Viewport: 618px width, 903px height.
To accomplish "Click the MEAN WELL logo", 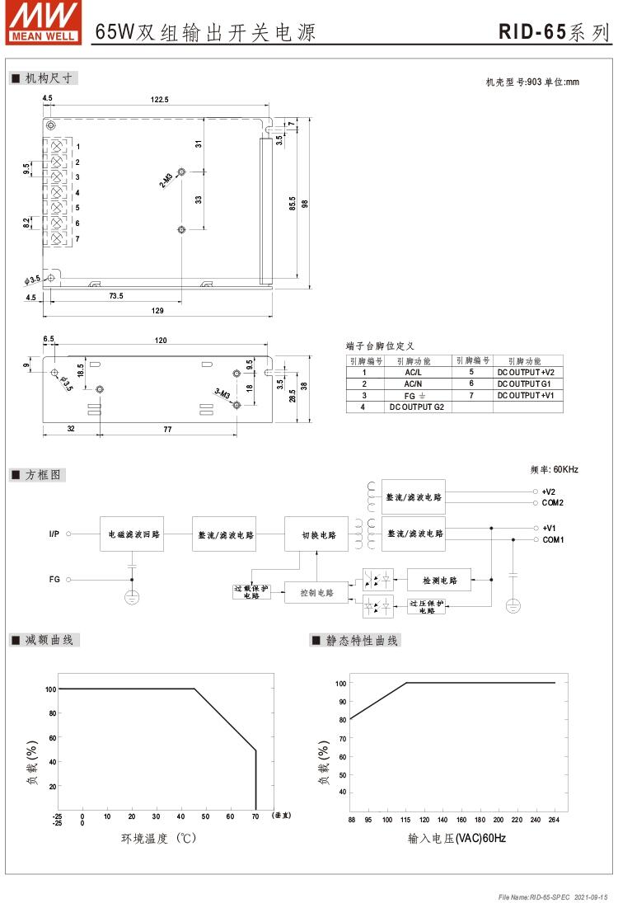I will tap(44, 21).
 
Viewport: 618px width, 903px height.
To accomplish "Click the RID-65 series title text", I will tap(555, 32).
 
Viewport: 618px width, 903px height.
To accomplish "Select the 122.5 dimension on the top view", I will tap(160, 100).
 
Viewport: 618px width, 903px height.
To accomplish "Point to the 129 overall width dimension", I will tap(157, 311).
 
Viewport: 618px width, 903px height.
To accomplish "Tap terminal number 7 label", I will tap(77, 239).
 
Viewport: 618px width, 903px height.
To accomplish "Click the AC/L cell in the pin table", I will tap(414, 372).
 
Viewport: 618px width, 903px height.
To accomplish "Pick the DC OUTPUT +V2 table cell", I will tap(526, 372).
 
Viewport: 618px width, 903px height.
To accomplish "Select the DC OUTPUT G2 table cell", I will tap(416, 407).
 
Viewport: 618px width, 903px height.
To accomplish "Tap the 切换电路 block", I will tap(316, 534).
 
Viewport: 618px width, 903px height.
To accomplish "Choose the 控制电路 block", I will tap(316, 592).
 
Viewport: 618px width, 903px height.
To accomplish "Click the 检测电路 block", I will tap(438, 580).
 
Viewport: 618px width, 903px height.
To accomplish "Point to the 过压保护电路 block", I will tap(426, 607).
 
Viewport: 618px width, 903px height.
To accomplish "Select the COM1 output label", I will tap(552, 539).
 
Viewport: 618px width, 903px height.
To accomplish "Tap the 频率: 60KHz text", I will tap(555, 469).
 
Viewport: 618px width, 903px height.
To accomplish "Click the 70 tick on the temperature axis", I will tap(255, 816).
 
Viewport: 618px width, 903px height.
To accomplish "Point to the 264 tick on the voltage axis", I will tap(554, 820).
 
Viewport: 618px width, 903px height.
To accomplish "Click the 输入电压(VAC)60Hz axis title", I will tap(456, 839).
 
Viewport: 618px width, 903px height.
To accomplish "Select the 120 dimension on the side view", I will tap(161, 340).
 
